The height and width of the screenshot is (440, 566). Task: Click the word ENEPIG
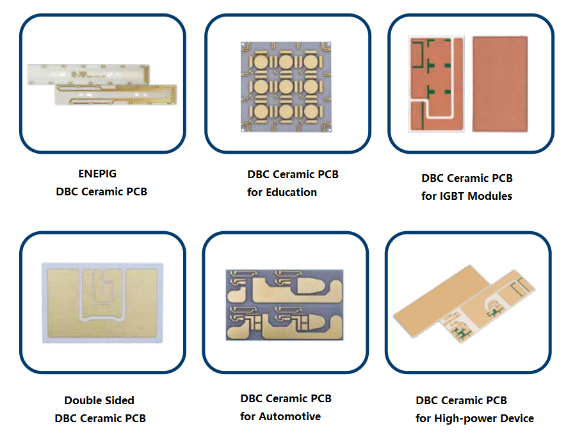click(97, 173)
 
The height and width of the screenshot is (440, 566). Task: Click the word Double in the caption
click(81, 400)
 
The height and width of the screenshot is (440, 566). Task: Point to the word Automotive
click(289, 416)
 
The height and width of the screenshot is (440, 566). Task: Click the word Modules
click(490, 196)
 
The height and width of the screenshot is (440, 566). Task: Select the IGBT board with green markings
click(431, 83)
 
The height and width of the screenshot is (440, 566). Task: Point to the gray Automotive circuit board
click(284, 304)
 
